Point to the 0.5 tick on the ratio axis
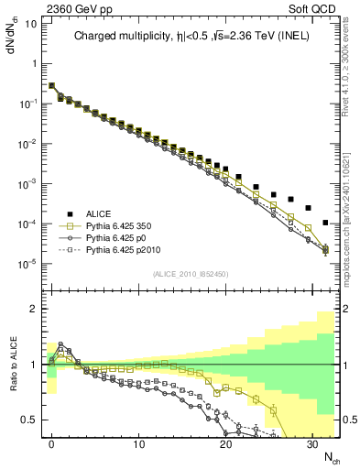[x=31, y=420]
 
